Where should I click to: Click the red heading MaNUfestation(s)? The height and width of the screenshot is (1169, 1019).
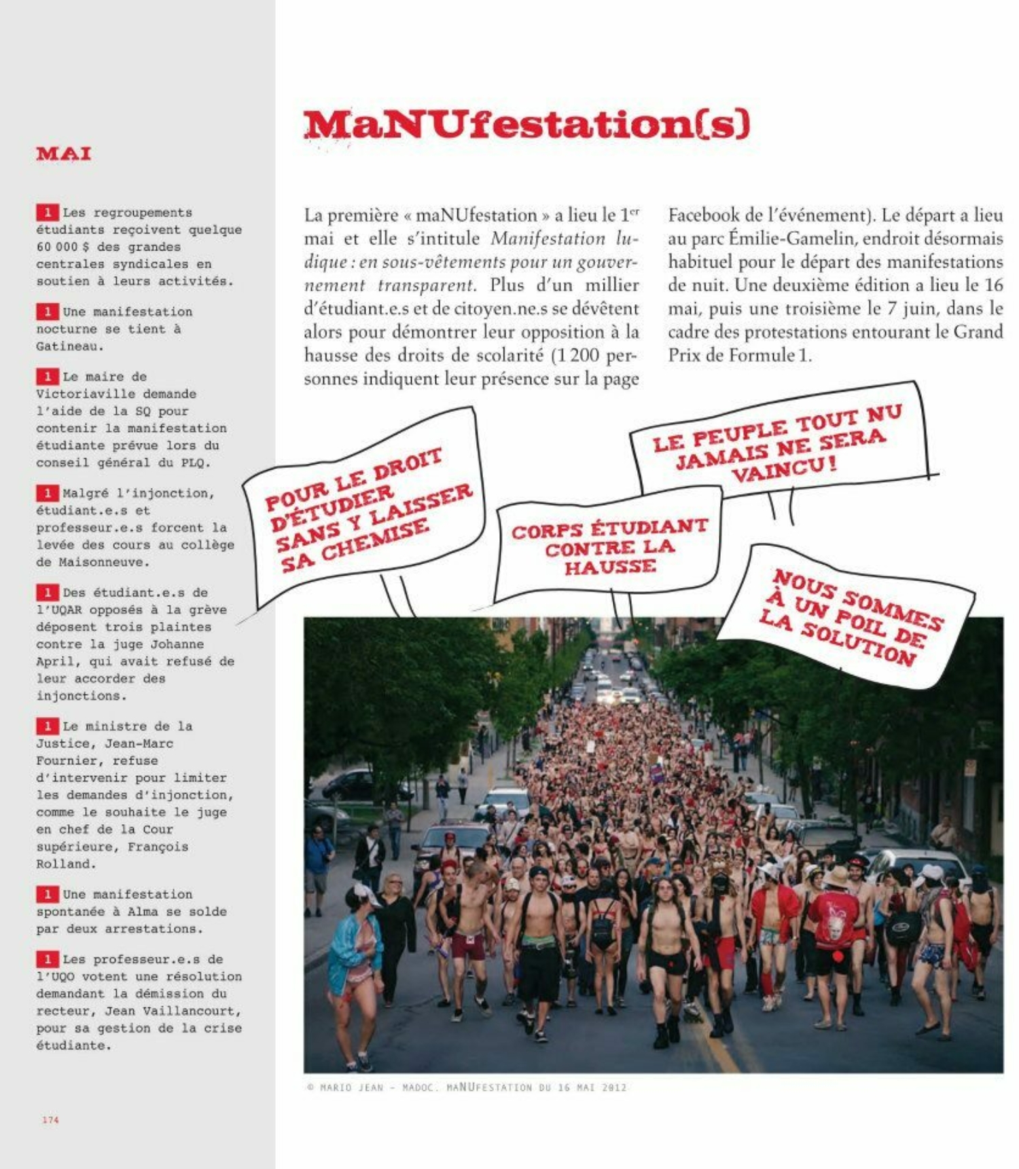pos(526,124)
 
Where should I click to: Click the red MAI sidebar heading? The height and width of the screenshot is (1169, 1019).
pos(64,153)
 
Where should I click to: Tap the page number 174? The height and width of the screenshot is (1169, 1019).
pos(50,1119)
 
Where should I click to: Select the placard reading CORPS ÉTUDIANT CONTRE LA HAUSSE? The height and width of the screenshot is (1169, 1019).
pos(609,546)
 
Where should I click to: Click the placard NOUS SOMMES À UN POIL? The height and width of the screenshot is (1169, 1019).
pos(849,618)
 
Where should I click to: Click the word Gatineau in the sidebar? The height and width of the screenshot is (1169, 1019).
pos(69,346)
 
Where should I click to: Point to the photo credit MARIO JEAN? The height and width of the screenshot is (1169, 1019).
pos(352,1087)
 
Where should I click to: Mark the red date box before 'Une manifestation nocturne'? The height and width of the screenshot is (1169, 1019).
pos(47,312)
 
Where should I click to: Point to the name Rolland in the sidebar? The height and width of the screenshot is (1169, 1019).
pos(65,864)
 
